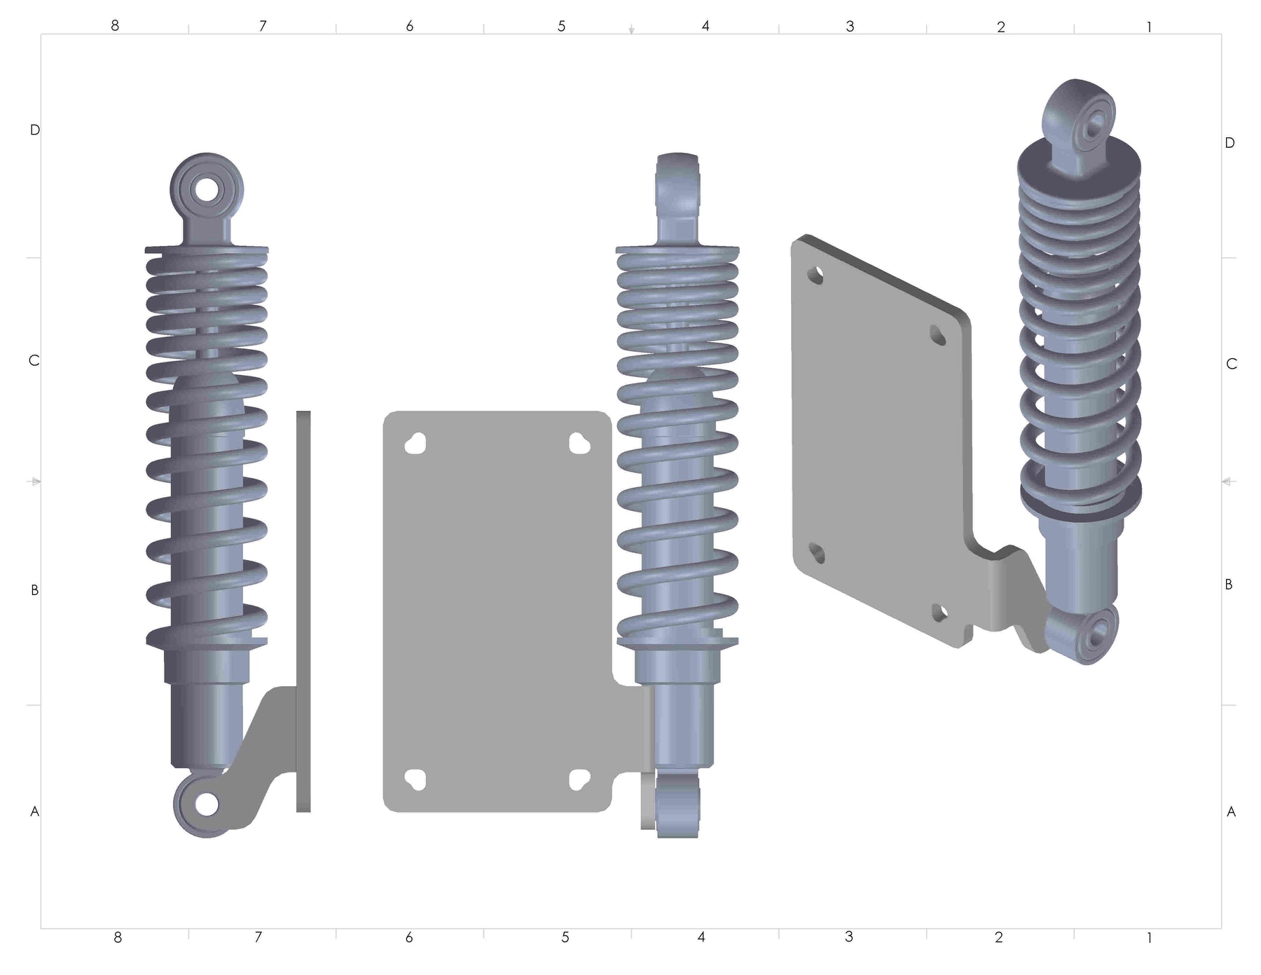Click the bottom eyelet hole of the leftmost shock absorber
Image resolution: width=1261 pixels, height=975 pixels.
(x=207, y=804)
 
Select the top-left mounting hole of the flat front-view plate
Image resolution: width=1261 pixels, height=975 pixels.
(x=415, y=444)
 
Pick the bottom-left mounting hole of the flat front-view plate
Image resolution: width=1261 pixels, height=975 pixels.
(x=415, y=779)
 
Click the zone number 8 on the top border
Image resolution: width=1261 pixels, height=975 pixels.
(x=115, y=25)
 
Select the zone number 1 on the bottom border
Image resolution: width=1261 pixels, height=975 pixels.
(x=1149, y=937)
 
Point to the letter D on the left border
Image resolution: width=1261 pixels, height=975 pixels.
(x=35, y=130)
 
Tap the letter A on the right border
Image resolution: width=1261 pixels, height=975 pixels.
(x=1231, y=812)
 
